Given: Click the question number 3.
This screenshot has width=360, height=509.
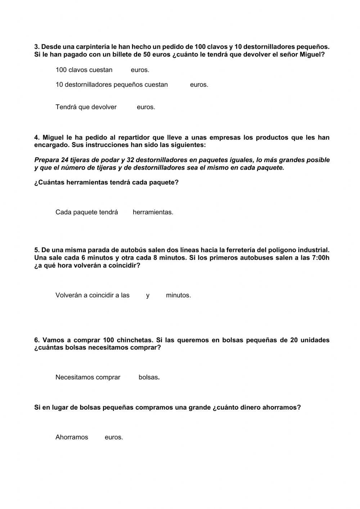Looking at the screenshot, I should pos(37,47).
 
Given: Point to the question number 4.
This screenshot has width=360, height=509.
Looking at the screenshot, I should pos(37,138).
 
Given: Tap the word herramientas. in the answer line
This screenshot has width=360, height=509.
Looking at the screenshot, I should pos(153,212).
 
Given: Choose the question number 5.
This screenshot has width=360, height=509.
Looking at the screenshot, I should pos(37,250).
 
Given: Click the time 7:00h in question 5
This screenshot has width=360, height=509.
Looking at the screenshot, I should pos(320,258).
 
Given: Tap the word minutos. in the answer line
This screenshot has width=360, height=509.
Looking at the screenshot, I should pos(178,295).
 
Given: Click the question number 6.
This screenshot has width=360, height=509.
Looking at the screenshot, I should pos(37,340).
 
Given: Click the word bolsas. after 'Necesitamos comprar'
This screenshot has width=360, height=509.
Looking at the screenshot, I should pos(149,378).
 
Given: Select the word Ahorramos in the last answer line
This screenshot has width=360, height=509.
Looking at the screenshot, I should pos(72,437).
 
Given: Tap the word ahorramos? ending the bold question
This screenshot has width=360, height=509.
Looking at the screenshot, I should pos(282,407).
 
